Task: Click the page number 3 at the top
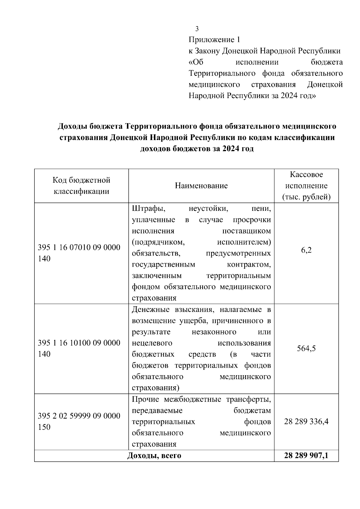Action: (197, 29)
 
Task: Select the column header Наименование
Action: (201, 186)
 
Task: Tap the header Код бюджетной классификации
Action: (81, 186)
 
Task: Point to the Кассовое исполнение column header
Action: (306, 186)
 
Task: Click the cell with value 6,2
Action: (306, 250)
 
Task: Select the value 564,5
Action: (306, 349)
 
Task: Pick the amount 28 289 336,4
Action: (306, 421)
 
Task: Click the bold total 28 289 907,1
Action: (306, 456)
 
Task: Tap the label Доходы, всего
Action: (154, 456)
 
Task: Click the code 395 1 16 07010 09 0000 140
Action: (79, 253)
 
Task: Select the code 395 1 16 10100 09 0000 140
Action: (79, 348)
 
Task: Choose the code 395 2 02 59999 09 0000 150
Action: (79, 421)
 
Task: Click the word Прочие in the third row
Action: (146, 400)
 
